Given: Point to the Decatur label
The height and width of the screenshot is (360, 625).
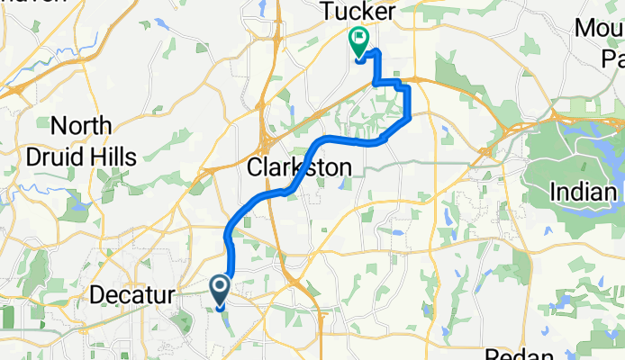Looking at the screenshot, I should [x=132, y=293].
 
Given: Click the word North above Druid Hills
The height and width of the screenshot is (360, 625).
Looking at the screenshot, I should [x=82, y=127].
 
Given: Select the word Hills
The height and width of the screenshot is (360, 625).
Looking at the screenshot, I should [x=113, y=157].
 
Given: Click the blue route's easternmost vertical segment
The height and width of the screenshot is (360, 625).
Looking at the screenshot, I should [x=410, y=102].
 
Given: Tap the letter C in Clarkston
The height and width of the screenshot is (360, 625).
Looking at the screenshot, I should [x=254, y=167].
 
